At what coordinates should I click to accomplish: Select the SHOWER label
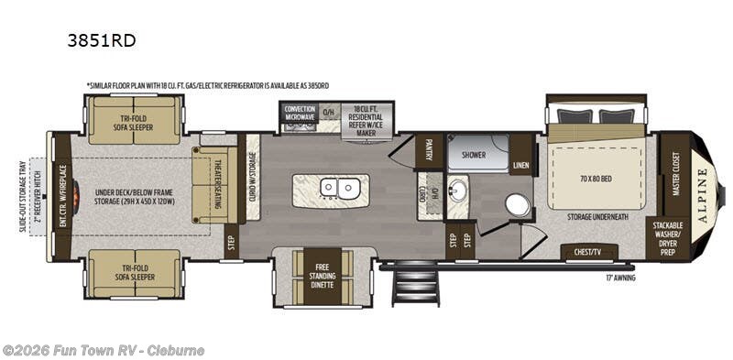click(474, 155)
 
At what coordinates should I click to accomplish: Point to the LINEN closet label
click(521, 166)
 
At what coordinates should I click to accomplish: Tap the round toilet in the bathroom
click(518, 205)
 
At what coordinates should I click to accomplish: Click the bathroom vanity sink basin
click(457, 191)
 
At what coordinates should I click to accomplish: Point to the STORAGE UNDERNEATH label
click(596, 217)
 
